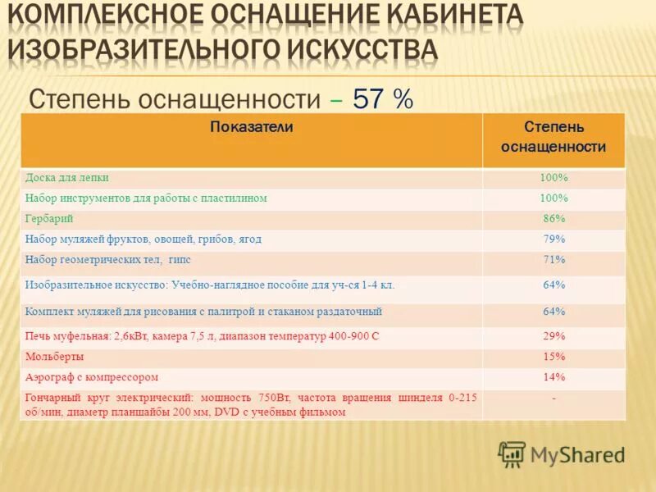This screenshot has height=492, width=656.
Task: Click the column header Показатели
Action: click(252, 127)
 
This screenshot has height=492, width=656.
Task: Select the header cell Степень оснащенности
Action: click(553, 138)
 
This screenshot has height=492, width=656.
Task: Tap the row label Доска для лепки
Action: click(67, 177)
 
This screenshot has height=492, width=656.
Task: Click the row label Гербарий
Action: click(49, 219)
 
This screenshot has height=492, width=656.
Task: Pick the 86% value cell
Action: click(553, 219)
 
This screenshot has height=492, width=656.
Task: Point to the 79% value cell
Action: click(553, 239)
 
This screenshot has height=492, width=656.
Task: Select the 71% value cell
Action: click(553, 260)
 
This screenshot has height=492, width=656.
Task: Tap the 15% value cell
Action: click(553, 357)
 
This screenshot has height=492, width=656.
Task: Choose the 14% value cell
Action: click(553, 377)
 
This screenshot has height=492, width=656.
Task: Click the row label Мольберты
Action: click(55, 357)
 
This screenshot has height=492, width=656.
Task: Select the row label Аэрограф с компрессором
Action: click(92, 377)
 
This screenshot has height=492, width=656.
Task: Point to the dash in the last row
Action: click(553, 397)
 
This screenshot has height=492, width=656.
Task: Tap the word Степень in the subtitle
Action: click(79, 99)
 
